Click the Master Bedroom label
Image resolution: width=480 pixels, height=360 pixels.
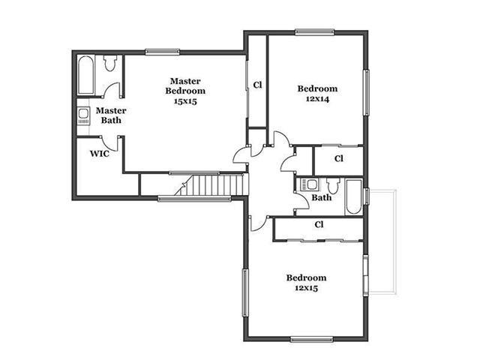point(185,86)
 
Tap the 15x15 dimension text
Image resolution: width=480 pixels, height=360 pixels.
point(185,101)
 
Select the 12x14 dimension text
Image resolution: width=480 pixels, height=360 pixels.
point(317,99)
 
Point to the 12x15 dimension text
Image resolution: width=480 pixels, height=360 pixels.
point(307,288)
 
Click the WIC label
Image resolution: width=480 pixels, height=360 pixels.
point(100,153)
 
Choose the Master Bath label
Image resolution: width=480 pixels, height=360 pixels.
point(111,115)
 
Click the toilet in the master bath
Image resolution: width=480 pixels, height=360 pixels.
point(110,62)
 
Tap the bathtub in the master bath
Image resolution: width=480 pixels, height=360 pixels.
point(85,75)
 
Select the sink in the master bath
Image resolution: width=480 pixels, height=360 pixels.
point(83,115)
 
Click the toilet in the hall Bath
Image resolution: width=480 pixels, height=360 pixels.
point(333,185)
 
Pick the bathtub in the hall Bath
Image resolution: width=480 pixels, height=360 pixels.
point(354,197)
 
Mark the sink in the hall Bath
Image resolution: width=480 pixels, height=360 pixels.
point(310,184)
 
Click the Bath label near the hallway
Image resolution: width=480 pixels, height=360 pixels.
point(322,197)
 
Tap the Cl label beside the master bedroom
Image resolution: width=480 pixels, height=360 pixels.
point(258,85)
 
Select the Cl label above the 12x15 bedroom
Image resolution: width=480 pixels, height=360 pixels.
point(319,224)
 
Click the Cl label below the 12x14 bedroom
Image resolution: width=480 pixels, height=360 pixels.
point(339,158)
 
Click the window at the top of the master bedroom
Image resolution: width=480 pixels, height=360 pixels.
point(162,52)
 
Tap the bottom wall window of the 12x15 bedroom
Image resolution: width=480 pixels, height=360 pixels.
point(312,339)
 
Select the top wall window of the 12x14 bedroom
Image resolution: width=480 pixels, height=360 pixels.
point(315,31)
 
